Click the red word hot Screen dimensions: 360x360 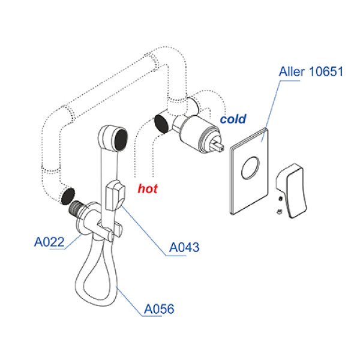click(148, 188)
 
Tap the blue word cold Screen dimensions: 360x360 click(233, 119)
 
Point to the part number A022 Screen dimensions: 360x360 click(49, 242)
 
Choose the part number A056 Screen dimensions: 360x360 click(159, 310)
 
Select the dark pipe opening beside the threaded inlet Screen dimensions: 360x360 click(67, 195)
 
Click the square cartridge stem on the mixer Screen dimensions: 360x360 click(218, 143)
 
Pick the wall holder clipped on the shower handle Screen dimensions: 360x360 click(115, 196)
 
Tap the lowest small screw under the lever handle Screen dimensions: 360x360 click(280, 211)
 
